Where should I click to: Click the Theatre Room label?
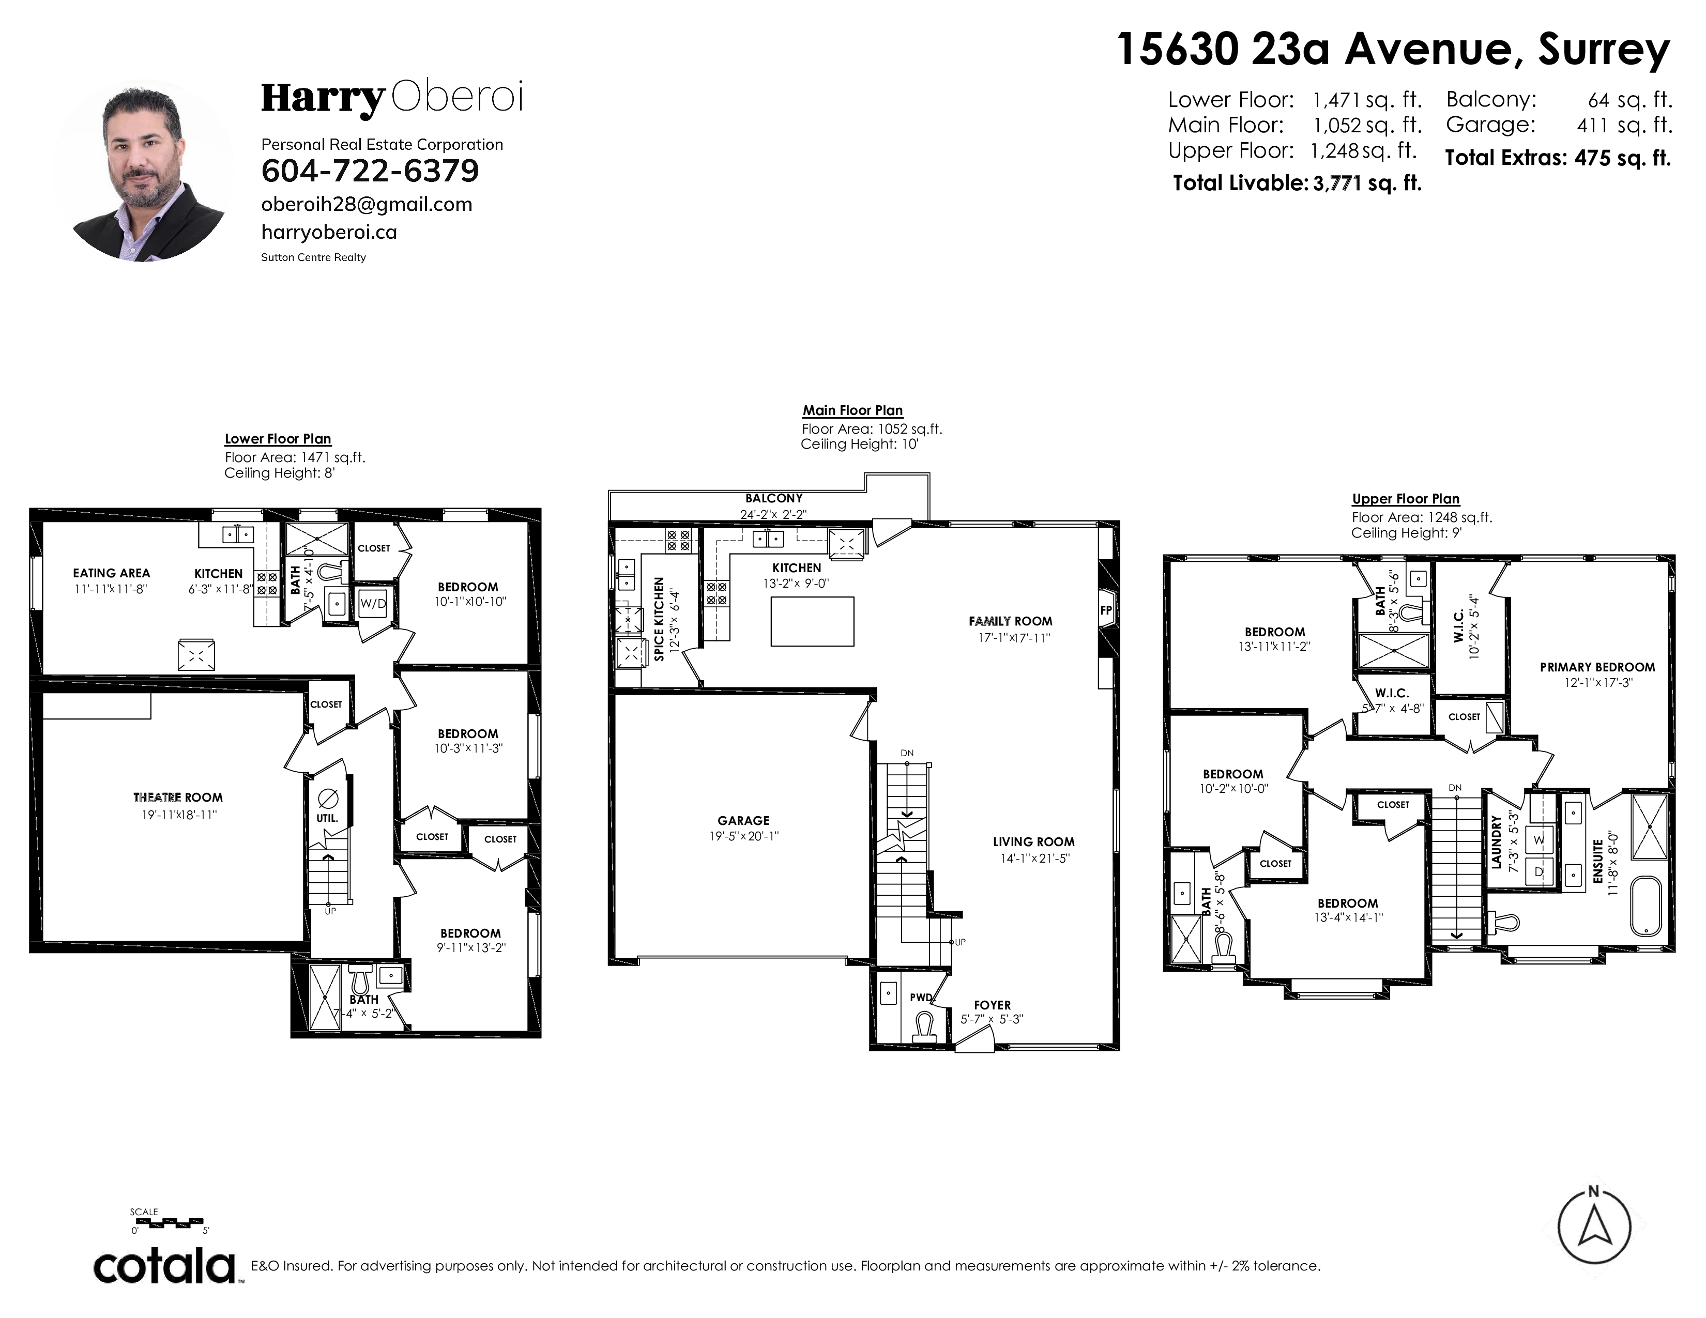178,797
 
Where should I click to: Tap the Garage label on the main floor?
743,821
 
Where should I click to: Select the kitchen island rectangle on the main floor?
812,621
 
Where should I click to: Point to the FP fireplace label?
1106,610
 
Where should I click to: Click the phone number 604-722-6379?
370,171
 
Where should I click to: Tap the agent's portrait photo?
143,171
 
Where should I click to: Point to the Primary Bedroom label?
1597,668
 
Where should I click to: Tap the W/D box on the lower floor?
373,604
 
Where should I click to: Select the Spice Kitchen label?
659,619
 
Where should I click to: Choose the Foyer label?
992,1005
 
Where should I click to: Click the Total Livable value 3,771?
1338,185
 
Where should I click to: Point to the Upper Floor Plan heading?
1406,499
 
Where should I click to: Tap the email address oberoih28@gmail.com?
367,205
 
